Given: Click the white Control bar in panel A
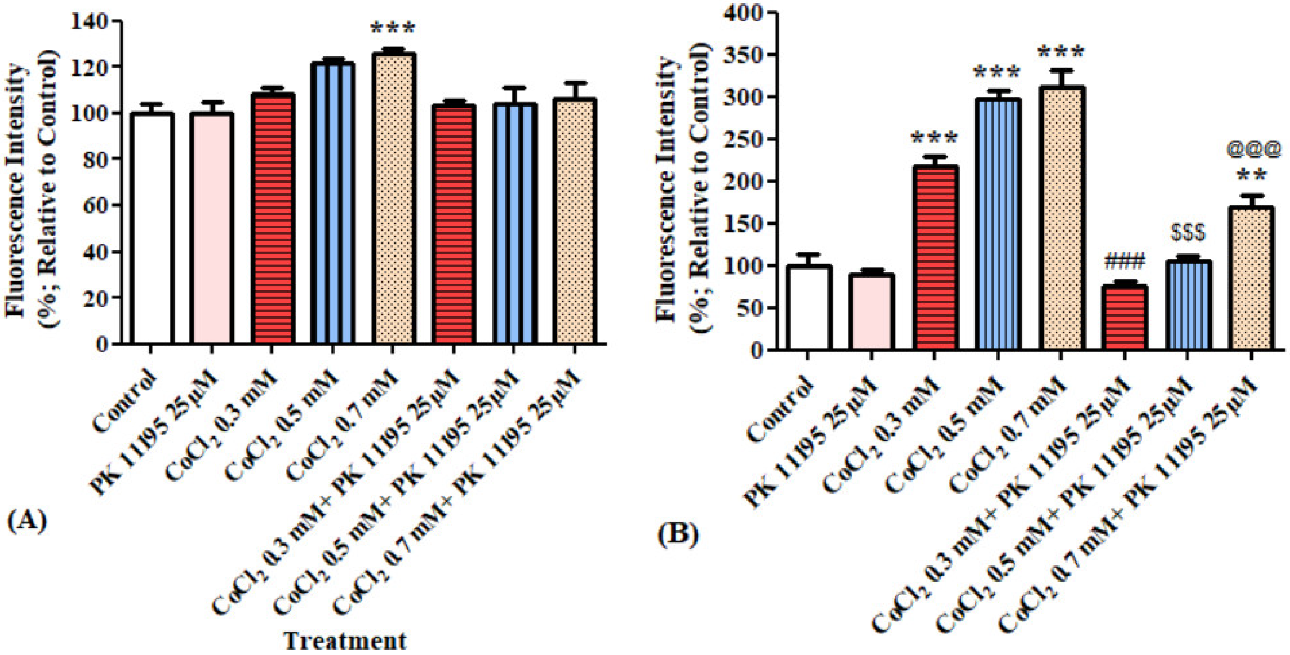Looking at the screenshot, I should point(151,228).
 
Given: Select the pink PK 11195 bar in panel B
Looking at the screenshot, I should point(871,311).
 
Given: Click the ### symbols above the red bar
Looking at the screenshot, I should point(1124,261).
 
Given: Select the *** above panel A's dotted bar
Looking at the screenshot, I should point(393,28).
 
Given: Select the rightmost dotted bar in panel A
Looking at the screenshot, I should point(574,221).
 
